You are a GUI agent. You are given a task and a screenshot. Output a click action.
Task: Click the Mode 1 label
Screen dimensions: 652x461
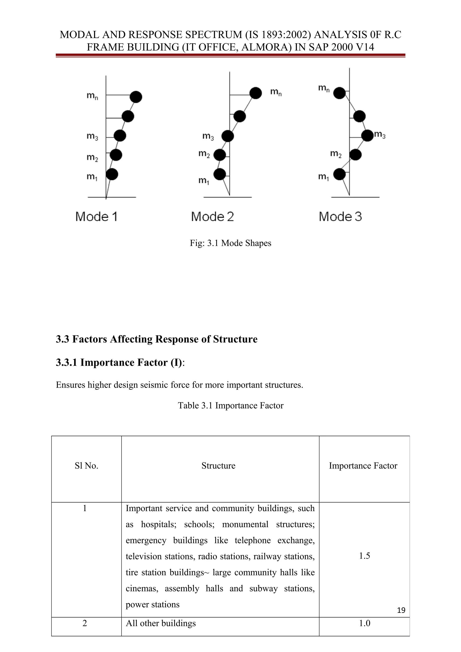(x=96, y=217)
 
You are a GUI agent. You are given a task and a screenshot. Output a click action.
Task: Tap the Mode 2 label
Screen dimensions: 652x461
(x=212, y=217)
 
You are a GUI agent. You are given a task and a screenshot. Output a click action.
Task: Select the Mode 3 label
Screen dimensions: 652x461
(x=340, y=217)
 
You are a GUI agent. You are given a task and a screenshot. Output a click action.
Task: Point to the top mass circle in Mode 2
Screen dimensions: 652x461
(x=256, y=93)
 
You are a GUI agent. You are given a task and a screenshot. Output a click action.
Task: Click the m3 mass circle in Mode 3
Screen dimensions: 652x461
(x=368, y=135)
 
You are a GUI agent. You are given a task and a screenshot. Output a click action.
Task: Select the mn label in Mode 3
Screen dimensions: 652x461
(x=324, y=88)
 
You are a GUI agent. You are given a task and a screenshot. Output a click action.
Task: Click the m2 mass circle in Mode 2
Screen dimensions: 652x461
(x=219, y=155)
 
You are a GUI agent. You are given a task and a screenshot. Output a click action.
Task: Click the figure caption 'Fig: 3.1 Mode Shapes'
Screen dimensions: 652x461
(x=230, y=243)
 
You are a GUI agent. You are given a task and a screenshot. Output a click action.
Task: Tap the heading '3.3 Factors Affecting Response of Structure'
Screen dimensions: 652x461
(x=156, y=339)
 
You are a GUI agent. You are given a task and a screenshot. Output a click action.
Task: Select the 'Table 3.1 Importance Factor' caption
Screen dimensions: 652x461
(x=230, y=405)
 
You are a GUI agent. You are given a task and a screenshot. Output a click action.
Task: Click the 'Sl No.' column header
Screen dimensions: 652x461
(x=86, y=466)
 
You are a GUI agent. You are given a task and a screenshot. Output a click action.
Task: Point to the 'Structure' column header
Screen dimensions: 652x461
(x=218, y=466)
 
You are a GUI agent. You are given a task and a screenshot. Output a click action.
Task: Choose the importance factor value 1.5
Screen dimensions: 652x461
(x=364, y=556)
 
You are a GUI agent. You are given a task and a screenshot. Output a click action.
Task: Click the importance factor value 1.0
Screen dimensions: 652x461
(x=364, y=623)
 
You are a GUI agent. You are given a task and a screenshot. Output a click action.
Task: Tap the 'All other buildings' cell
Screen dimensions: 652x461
(x=161, y=623)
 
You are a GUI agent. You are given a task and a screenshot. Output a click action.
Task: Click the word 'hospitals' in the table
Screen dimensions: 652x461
(x=158, y=524)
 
